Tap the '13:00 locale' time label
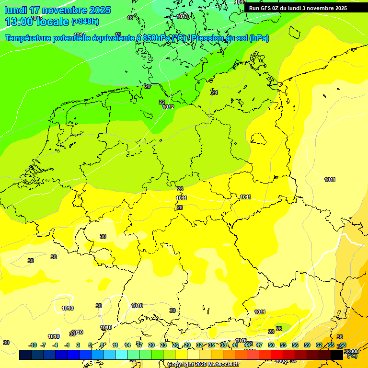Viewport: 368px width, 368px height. click(37, 21)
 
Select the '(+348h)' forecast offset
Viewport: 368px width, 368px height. click(85, 22)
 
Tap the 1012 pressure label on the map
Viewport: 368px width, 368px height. click(168, 107)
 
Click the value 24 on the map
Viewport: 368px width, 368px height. click(214, 92)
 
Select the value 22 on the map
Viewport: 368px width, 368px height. click(162, 102)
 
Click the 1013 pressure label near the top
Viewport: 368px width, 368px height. click(182, 16)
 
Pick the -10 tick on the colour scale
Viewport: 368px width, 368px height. click(33, 345)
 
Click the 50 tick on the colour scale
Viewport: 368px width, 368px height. click(271, 345)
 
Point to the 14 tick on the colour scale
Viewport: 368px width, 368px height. click(127, 345)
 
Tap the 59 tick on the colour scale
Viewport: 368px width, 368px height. click(307, 345)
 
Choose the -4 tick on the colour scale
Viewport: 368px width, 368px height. click(56, 345)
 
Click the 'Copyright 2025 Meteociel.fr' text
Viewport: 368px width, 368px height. click(204, 365)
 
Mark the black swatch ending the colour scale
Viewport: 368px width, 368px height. click(337, 355)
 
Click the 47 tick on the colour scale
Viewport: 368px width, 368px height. click(259, 345)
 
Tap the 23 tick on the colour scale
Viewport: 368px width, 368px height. click(163, 345)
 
